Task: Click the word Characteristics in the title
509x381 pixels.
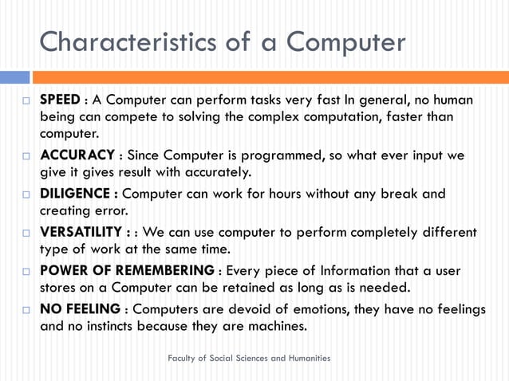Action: [129, 41]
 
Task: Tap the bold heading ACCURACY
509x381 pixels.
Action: [78, 155]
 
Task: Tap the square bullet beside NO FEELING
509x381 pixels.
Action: [26, 309]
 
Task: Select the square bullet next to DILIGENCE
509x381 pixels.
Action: [26, 194]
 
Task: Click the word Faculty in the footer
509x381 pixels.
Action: [183, 359]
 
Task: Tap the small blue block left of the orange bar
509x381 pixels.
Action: [14, 77]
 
